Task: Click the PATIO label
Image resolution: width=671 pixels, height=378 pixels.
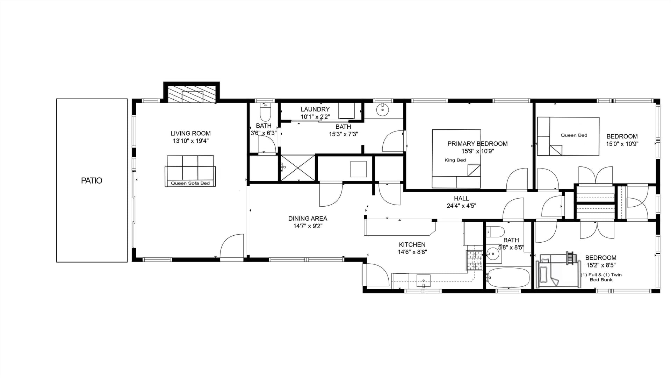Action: click(x=92, y=180)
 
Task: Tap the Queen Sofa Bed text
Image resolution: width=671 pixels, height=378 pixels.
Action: click(x=190, y=183)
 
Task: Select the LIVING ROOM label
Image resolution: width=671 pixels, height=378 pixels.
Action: click(x=190, y=133)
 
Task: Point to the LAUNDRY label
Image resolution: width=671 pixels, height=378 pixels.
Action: click(x=315, y=109)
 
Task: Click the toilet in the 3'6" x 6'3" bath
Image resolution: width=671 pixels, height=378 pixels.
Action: click(x=265, y=112)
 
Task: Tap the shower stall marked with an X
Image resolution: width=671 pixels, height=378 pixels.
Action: click(x=298, y=168)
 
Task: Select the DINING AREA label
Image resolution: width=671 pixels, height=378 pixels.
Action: click(x=308, y=219)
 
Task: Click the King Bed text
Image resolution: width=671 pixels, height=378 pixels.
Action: click(x=455, y=160)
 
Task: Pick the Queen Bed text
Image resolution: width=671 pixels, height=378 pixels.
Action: click(x=574, y=135)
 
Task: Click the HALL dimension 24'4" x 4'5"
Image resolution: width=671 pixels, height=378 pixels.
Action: click(x=461, y=206)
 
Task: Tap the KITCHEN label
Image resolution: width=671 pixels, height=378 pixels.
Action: click(x=412, y=245)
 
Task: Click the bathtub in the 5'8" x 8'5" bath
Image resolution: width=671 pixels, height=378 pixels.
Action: click(x=508, y=278)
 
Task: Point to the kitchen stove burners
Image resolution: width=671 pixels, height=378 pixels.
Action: click(x=475, y=261)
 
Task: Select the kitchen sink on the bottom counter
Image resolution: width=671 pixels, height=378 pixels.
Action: click(x=423, y=281)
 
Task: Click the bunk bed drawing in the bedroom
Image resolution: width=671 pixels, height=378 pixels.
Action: click(x=558, y=270)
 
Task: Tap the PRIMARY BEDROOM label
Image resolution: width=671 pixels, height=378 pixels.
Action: click(x=477, y=144)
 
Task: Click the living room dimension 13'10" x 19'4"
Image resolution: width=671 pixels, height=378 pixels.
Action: click(x=190, y=141)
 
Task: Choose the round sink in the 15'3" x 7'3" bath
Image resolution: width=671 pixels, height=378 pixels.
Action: click(x=383, y=110)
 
